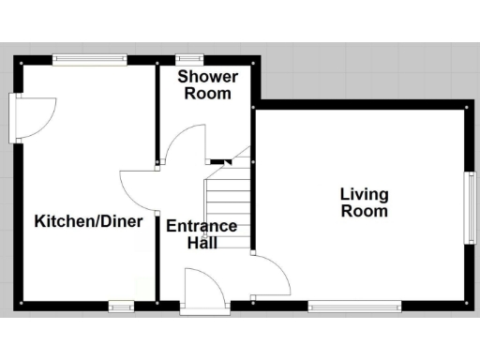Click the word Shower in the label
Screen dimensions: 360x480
208,77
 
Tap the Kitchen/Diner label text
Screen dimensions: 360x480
88,222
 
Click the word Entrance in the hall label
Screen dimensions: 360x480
202,226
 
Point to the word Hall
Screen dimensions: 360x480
202,243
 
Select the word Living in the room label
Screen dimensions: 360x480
364,195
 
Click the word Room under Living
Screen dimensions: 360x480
364,212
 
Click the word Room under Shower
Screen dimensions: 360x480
208,94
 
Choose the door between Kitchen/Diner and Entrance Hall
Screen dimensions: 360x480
139,187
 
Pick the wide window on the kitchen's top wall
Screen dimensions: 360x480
90,60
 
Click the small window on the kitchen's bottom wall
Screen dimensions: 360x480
120,305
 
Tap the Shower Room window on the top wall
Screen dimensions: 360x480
196,60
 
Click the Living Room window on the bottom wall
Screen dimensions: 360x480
354,305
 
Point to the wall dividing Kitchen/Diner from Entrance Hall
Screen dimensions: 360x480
157,253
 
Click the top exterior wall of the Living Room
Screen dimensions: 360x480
361,105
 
